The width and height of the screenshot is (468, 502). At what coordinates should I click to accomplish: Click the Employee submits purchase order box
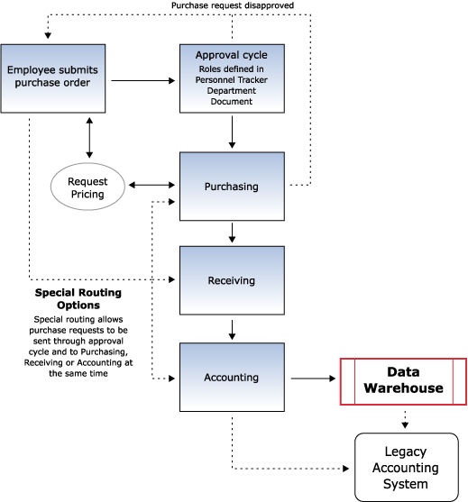point(53,78)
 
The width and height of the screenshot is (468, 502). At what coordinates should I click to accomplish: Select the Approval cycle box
point(232,78)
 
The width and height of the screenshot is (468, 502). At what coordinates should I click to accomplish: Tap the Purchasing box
point(232,187)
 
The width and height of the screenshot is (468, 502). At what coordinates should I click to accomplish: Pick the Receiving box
point(232,280)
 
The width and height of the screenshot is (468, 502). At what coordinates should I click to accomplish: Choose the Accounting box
point(232,377)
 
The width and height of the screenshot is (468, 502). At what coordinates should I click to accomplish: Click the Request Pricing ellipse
point(87,187)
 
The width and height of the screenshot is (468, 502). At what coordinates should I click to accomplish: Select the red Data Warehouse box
point(403,381)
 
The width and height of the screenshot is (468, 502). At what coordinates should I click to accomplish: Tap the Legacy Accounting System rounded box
point(407,468)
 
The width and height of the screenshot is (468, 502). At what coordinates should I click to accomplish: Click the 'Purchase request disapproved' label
point(233,5)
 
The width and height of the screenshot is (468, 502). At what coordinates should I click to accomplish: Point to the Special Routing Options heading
point(78,298)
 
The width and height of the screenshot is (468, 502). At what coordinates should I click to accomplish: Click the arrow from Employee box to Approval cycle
point(142,81)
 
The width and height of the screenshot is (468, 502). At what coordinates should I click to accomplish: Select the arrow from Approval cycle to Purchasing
point(233,132)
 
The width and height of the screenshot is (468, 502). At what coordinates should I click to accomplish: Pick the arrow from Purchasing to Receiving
point(233,233)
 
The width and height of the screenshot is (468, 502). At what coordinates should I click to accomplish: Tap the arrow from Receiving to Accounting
point(233,330)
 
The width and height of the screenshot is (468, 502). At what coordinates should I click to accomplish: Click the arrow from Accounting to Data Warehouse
point(313,379)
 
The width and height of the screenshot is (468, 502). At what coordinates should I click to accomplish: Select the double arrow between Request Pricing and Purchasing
point(151,185)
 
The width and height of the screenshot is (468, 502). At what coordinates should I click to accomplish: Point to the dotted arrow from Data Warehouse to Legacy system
point(405,420)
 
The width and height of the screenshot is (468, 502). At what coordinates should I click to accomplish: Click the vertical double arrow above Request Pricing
point(89,138)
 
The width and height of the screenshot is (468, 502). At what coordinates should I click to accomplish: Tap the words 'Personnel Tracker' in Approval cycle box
point(232,79)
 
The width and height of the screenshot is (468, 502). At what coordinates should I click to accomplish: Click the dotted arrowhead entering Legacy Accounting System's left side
point(346,469)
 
